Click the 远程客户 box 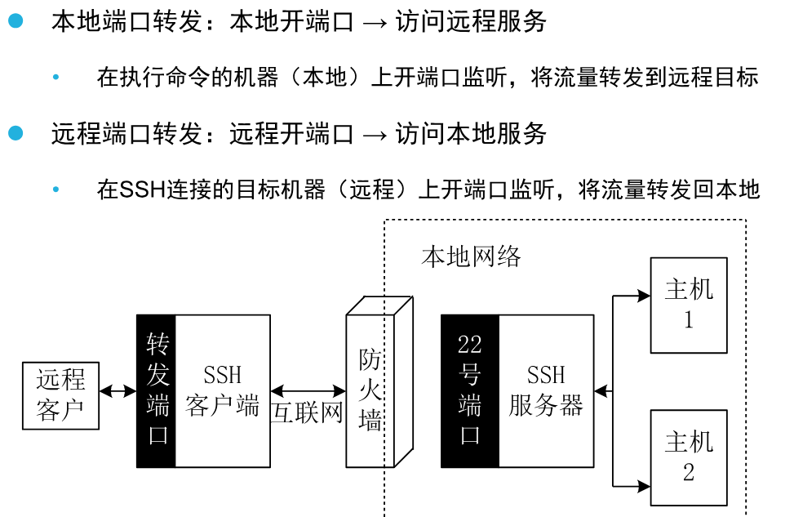pyautogui.click(x=60, y=396)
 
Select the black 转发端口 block pyautogui.click(x=156, y=390)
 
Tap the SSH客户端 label pyautogui.click(x=222, y=390)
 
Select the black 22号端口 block pyautogui.click(x=469, y=390)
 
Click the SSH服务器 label pyautogui.click(x=545, y=390)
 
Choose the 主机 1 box pyautogui.click(x=688, y=305)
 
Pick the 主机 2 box pyautogui.click(x=688, y=457)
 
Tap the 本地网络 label pyautogui.click(x=471, y=256)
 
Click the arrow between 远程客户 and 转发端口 pyautogui.click(x=118, y=391)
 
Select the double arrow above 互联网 pyautogui.click(x=308, y=392)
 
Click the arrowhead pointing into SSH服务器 pyautogui.click(x=601, y=391)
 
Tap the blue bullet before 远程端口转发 pyautogui.click(x=16, y=132)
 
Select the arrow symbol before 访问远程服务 pyautogui.click(x=375, y=22)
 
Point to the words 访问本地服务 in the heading pyautogui.click(x=471, y=133)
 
